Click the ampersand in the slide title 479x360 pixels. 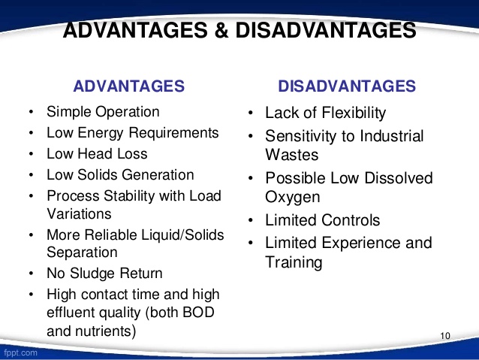(221, 30)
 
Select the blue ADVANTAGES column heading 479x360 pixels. (129, 86)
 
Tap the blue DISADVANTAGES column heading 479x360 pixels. (347, 86)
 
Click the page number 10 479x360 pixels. (445, 336)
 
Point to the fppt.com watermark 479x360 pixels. (21, 352)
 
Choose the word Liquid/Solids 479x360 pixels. (182, 235)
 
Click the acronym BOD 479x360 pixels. (198, 313)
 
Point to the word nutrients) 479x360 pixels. (105, 331)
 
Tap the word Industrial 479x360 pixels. (392, 136)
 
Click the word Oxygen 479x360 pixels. (292, 197)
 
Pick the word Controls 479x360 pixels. (351, 220)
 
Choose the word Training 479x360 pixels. (294, 262)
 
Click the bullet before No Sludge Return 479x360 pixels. (31, 273)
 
